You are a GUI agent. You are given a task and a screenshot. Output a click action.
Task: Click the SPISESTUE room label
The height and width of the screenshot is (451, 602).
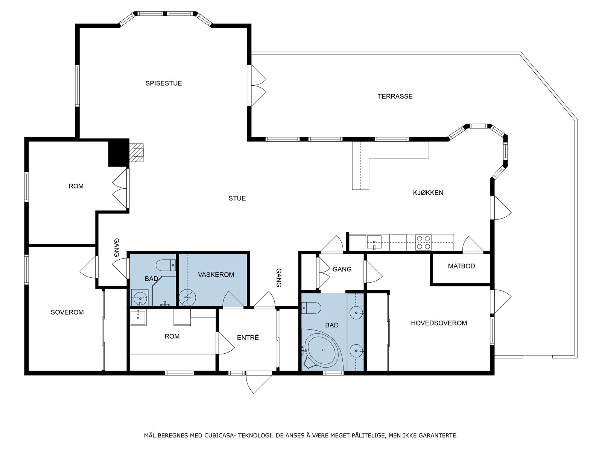(163, 83)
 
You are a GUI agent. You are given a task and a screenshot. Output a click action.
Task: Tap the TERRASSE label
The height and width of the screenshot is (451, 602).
(395, 96)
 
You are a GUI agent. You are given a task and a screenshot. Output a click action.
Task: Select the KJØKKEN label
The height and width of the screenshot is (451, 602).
(428, 193)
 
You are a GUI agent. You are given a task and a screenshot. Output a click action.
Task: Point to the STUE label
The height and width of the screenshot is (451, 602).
(237, 198)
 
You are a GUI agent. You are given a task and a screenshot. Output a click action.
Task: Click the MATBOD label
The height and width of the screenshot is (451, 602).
(461, 266)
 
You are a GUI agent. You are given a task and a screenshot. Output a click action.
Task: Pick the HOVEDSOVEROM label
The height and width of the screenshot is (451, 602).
(439, 323)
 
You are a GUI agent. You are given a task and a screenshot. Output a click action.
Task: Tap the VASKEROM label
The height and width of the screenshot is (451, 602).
(216, 275)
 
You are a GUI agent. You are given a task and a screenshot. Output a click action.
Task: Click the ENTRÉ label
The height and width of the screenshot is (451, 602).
(248, 337)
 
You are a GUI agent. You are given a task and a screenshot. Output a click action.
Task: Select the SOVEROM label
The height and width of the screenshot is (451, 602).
(67, 312)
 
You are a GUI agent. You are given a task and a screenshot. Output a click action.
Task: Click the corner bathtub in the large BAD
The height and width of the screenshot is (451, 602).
(322, 350)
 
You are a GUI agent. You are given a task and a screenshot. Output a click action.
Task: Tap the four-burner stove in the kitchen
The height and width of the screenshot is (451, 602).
(423, 242)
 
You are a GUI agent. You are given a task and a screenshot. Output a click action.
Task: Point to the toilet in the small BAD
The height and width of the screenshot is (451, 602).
(166, 265)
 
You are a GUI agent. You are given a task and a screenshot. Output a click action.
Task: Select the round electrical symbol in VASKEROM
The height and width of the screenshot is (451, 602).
(188, 297)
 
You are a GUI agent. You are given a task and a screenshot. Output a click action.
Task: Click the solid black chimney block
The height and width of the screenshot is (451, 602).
(119, 153)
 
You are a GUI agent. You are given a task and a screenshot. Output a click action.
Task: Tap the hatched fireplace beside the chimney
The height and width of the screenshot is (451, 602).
(136, 152)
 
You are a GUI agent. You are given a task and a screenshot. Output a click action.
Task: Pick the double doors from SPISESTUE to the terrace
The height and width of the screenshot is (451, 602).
(257, 85)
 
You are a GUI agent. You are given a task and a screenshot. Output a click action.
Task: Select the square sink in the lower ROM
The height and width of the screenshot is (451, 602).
(138, 317)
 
